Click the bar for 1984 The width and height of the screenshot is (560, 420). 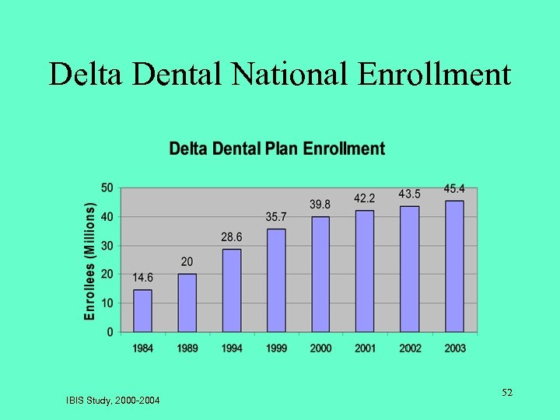[142, 310]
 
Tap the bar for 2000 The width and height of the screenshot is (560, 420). [320, 274]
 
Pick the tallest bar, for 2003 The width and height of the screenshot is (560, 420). [454, 266]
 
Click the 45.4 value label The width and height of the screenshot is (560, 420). [455, 189]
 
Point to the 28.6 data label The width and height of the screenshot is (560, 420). [232, 237]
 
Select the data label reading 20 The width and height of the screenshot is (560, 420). [187, 262]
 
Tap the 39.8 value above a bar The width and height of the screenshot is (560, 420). [320, 205]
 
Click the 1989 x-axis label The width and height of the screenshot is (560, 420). [187, 348]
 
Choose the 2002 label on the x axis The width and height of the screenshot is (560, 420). [410, 348]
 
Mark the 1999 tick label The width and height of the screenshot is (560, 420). [276, 348]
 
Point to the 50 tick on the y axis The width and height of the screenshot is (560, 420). [107, 187]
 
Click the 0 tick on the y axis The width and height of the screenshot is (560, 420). [110, 332]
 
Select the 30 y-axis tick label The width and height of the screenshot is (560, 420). [107, 246]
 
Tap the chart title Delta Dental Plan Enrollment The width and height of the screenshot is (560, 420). [277, 149]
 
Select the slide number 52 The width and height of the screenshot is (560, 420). [506, 393]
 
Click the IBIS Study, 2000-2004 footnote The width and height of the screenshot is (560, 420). [113, 401]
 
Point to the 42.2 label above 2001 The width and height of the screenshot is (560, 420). [365, 198]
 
